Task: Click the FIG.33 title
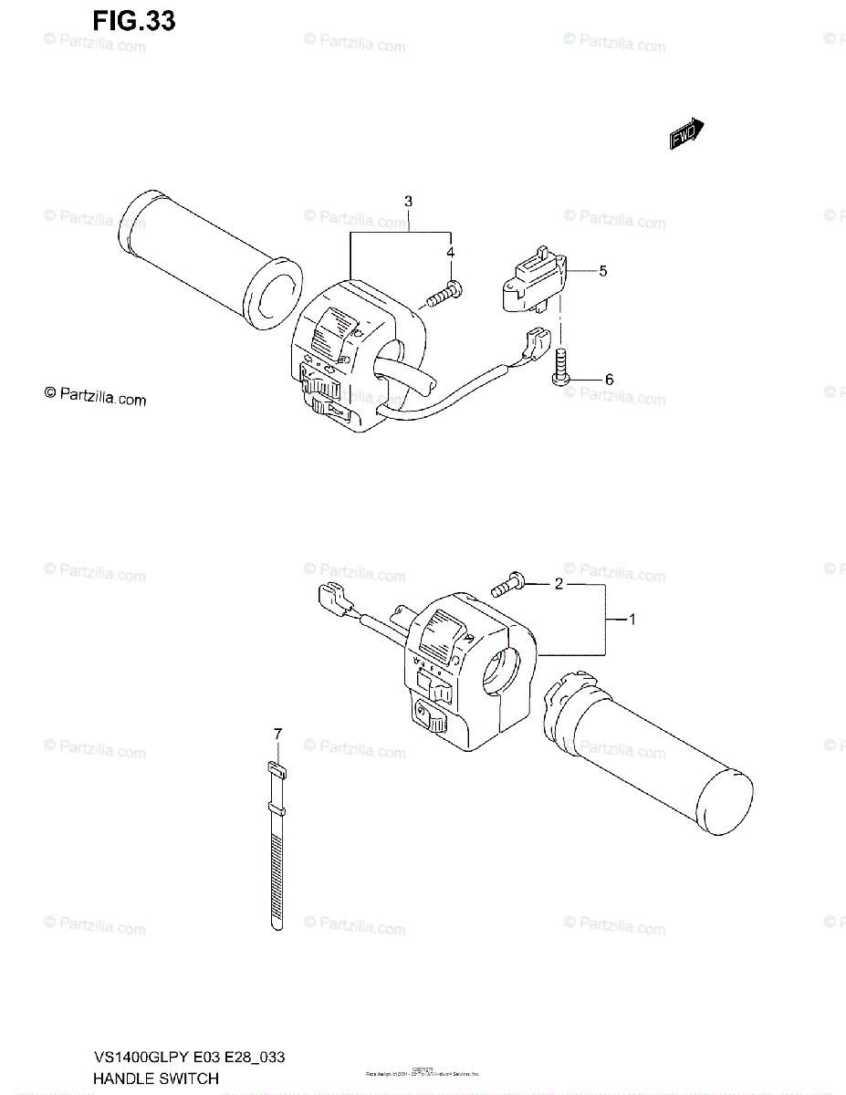click(132, 20)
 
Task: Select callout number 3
click(408, 201)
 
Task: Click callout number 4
click(450, 252)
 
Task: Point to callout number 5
click(603, 271)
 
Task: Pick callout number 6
click(609, 380)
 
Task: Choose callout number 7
click(277, 734)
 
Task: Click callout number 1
click(632, 620)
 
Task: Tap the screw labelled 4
click(444, 294)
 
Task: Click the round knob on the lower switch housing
click(430, 721)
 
